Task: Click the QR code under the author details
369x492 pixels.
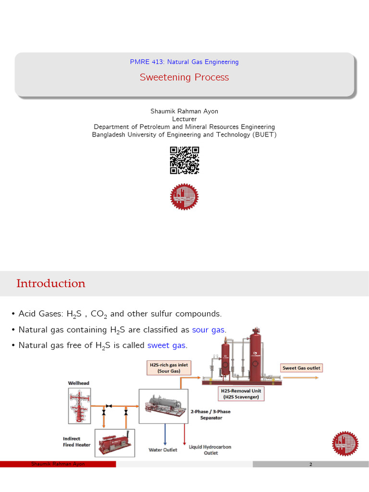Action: tap(184, 160)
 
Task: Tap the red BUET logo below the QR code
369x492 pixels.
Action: tap(184, 197)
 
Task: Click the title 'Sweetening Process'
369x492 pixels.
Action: tap(184, 77)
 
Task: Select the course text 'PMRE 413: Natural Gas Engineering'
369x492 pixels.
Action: tap(184, 62)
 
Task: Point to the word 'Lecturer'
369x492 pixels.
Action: tap(184, 119)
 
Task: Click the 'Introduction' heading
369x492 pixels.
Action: tap(51, 283)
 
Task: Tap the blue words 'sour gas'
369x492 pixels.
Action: tap(209, 330)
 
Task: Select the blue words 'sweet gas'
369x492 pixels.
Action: tap(167, 345)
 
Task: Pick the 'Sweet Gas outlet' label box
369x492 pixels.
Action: tap(301, 368)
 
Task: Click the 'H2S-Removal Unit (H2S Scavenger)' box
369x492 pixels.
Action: tap(242, 394)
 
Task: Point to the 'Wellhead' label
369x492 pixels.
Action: tap(78, 383)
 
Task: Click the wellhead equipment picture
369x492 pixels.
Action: tap(79, 406)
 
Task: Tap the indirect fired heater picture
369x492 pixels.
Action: tap(115, 442)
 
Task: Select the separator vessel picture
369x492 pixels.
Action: tap(163, 406)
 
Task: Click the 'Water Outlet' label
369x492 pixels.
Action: tap(162, 450)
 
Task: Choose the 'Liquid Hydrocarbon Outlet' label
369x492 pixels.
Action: tap(210, 450)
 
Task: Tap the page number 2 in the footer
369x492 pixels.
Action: tap(311, 465)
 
